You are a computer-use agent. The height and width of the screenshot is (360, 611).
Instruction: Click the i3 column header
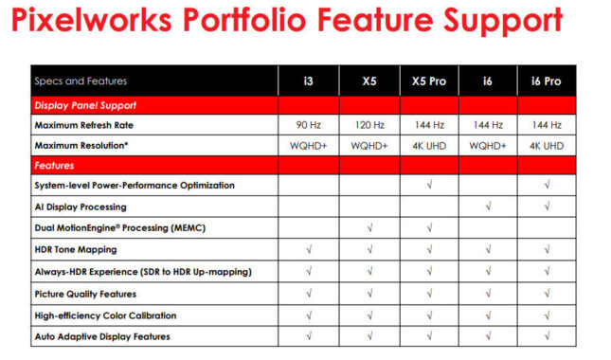pos(308,81)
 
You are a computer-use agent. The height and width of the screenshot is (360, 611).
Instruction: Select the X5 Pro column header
pos(428,81)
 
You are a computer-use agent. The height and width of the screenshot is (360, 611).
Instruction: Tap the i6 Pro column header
pos(547,81)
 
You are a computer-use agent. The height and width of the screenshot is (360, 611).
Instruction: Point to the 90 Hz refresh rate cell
pos(308,125)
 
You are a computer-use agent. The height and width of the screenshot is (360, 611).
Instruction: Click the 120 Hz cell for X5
pos(368,125)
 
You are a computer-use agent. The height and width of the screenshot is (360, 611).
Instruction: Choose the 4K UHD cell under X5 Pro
pos(428,147)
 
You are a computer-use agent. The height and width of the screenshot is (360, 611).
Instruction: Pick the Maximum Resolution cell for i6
pos(487,147)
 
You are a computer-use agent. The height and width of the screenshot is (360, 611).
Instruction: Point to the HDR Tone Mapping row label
pos(76,250)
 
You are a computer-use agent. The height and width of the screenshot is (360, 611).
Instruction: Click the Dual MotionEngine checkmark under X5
pos(368,228)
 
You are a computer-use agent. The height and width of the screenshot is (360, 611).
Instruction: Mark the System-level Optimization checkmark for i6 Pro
pos(547,185)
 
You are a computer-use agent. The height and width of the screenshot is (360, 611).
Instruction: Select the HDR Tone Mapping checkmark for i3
pos(308,250)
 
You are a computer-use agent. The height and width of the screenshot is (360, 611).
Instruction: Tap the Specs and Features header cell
pos(80,81)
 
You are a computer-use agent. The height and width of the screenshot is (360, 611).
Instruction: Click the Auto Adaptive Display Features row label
pos(101,336)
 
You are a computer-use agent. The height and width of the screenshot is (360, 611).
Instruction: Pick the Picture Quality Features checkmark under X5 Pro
pos(428,294)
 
